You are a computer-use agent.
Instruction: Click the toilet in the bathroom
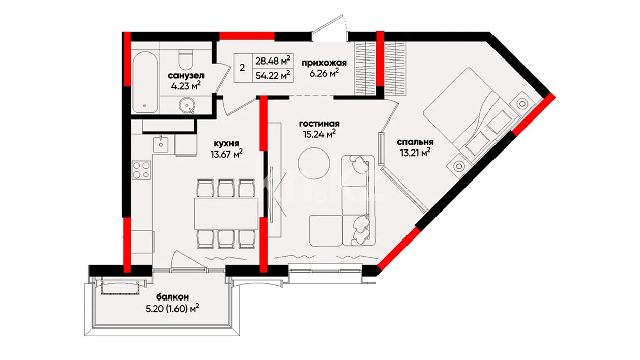(185, 60)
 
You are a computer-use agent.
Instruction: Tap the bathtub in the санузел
(145, 82)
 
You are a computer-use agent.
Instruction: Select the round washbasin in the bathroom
(187, 105)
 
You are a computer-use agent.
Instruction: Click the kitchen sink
(161, 144)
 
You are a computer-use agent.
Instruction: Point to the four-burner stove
(141, 170)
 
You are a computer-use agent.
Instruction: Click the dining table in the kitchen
(226, 213)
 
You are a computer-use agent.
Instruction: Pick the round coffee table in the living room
(314, 163)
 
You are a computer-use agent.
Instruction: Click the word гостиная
(319, 124)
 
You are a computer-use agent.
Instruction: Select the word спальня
(415, 142)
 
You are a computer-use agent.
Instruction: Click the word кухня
(226, 143)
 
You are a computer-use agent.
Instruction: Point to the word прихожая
(324, 63)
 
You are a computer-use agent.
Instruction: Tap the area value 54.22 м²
(273, 75)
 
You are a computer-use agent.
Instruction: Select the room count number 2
(242, 68)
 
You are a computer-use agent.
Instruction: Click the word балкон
(172, 297)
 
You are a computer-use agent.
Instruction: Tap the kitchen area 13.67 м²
(226, 154)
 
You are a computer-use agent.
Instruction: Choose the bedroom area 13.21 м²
(415, 153)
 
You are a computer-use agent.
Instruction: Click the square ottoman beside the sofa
(326, 231)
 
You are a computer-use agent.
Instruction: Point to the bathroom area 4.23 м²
(186, 86)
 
